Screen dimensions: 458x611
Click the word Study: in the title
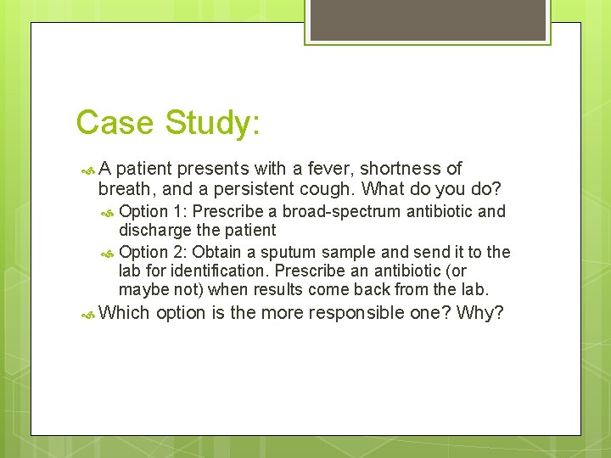click(212, 123)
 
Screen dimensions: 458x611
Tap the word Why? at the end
click(480, 313)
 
